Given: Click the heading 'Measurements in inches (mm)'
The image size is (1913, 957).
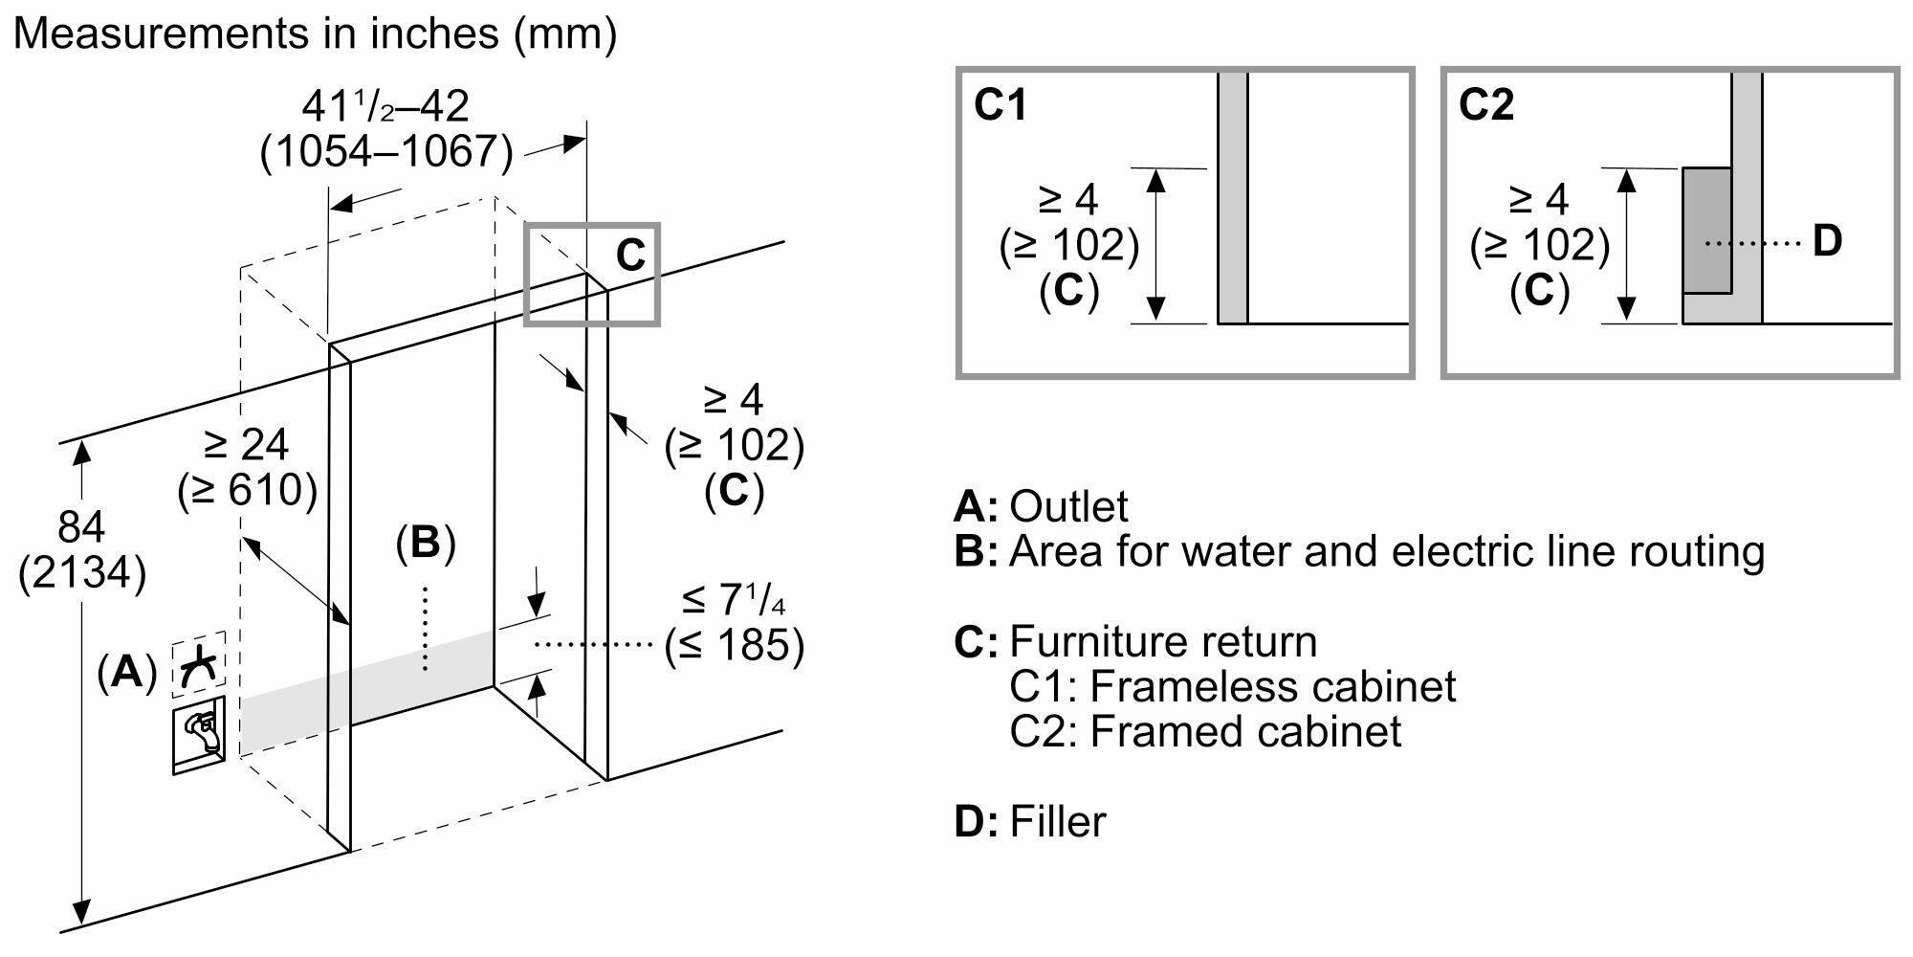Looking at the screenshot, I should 315,34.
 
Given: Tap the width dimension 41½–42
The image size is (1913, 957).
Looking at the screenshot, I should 385,106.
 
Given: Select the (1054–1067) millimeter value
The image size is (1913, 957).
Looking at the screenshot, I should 386,151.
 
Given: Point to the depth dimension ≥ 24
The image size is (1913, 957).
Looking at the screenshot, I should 246,445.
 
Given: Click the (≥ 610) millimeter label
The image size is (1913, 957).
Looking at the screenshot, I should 247,491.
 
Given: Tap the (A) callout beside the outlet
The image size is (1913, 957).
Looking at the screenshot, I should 126,673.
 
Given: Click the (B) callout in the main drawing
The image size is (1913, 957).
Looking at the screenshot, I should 426,544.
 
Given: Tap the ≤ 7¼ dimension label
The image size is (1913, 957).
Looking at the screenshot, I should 734,600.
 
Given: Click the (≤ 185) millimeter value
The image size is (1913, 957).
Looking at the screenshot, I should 735,645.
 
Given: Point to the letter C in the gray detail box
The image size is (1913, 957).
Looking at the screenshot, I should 630,256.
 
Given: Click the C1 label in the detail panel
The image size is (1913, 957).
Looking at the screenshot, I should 1000,104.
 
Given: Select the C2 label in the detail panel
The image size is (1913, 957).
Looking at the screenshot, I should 1485,104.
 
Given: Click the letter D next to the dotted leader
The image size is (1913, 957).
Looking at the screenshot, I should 1827,242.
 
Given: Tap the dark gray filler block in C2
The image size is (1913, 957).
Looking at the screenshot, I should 1707,230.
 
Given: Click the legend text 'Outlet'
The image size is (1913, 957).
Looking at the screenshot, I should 1068,506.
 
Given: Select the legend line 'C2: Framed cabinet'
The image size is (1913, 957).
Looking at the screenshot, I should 1205,732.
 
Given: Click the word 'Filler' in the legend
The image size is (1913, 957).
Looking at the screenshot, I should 1057,822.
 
